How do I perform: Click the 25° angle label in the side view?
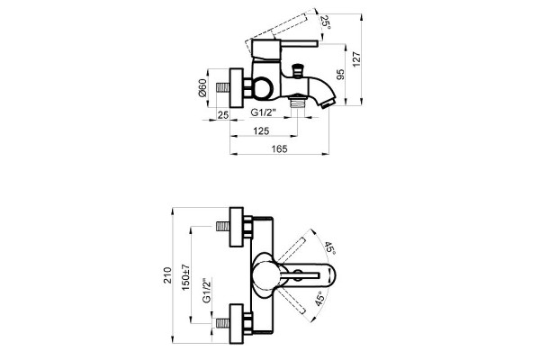325,22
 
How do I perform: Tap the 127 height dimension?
356,59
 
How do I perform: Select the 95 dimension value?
340,75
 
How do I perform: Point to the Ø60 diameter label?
202,88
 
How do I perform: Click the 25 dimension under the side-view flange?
223,114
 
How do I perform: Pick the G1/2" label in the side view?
264,112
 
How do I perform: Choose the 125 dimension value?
261,130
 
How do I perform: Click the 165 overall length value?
279,148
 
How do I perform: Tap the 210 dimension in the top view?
167,275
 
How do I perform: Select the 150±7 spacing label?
186,277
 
